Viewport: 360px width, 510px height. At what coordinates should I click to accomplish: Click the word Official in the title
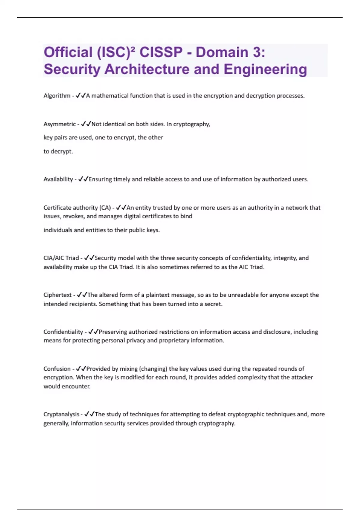click(68, 52)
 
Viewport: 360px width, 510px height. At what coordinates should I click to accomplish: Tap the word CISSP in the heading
click(161, 52)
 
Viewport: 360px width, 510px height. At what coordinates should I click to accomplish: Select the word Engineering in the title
click(265, 69)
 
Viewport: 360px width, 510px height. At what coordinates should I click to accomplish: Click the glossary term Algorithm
click(57, 96)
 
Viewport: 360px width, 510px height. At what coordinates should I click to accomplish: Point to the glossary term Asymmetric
click(59, 124)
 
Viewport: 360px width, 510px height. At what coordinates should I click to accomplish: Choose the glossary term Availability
click(58, 179)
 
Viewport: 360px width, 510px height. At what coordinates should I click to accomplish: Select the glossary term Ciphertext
click(57, 295)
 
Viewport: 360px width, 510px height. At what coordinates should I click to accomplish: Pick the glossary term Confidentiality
click(63, 332)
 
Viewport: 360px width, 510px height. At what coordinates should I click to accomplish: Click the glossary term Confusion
click(57, 369)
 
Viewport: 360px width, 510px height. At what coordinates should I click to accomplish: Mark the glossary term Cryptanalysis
click(61, 414)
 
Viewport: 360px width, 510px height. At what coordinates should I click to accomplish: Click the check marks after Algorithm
click(81, 96)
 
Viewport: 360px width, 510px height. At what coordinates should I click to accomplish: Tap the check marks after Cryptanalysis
click(89, 414)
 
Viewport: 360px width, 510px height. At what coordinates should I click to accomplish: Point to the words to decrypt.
click(58, 151)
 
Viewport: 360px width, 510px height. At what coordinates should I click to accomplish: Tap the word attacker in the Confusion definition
click(301, 377)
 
